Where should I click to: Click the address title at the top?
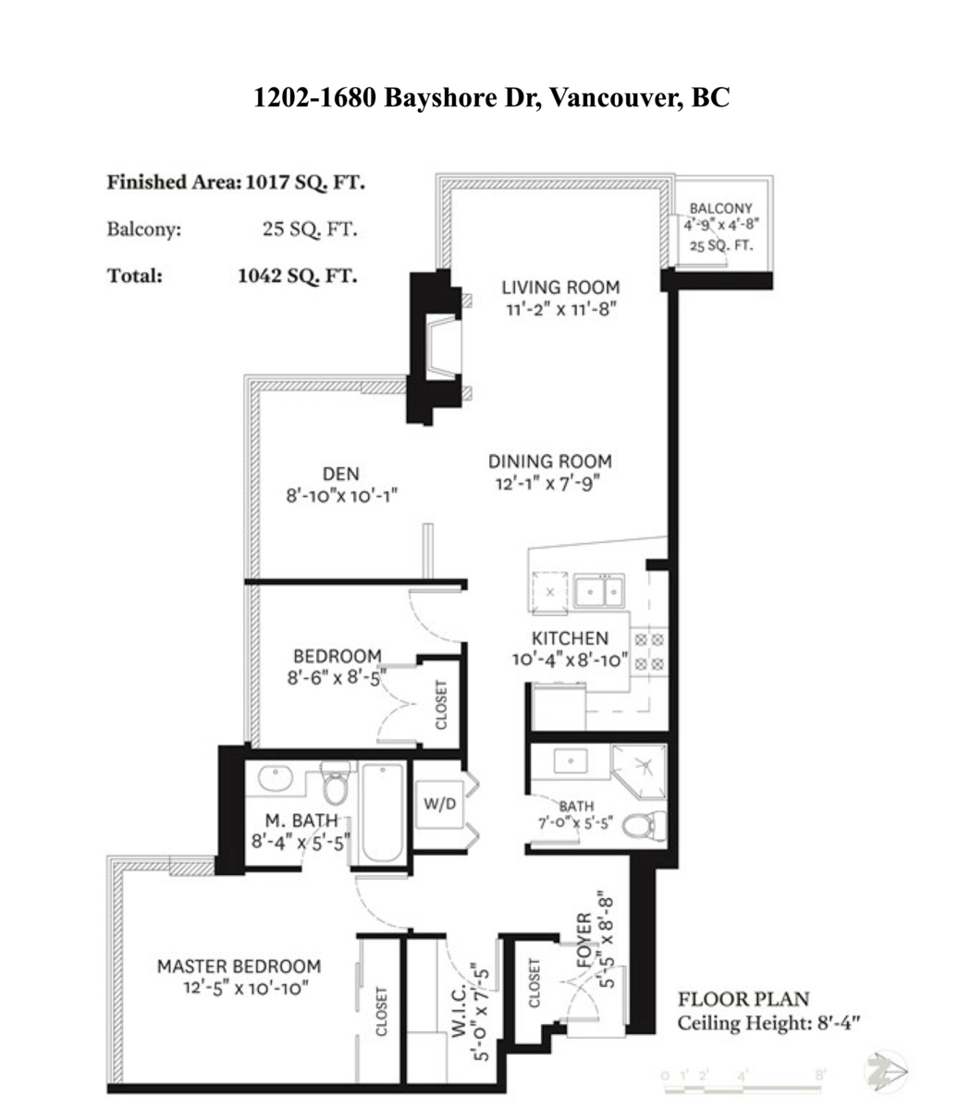(491, 97)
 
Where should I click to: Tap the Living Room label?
(560, 287)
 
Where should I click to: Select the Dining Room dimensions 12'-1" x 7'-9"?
(550, 483)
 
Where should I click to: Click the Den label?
(341, 474)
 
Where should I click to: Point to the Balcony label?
(720, 209)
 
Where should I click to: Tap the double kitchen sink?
(598, 590)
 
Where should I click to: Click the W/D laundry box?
(440, 804)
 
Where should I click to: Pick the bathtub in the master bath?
(381, 812)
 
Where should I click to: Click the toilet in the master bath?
(335, 786)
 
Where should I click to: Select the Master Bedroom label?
(239, 966)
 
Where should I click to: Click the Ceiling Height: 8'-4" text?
(768, 1024)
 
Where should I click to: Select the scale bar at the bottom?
(744, 1076)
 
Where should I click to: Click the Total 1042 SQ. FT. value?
(296, 275)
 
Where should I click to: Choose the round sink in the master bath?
(275, 779)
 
